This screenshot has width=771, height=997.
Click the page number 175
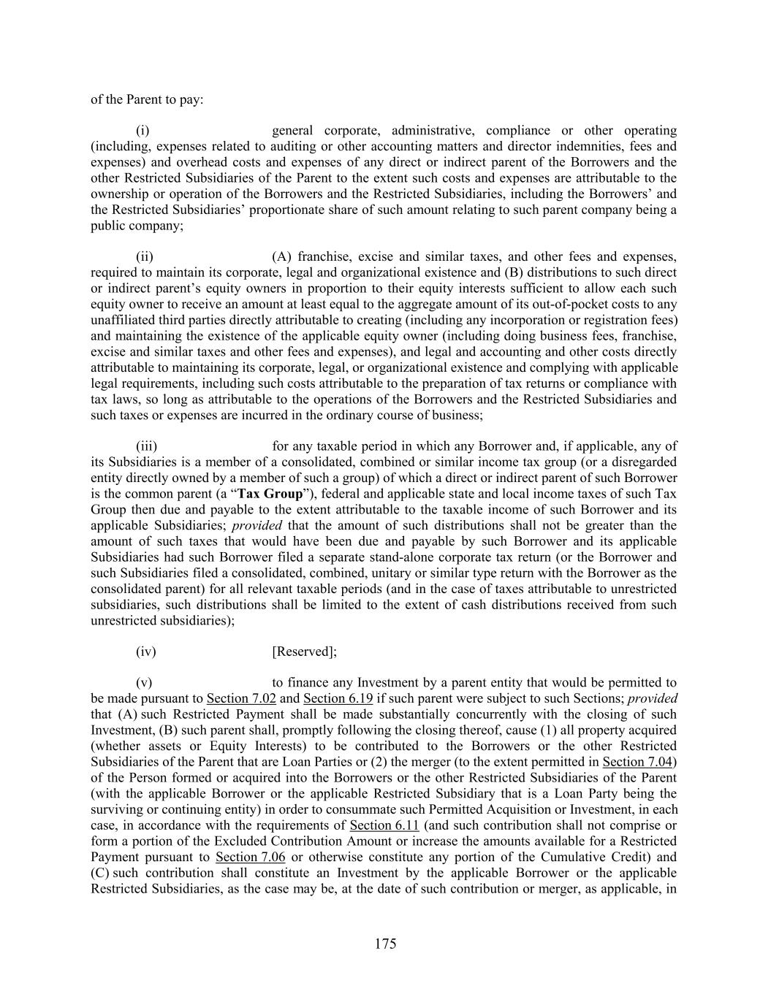(385, 944)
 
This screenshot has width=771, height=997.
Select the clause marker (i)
(143, 131)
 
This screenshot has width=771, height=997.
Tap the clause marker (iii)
(146, 446)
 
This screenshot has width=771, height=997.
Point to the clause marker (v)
(144, 683)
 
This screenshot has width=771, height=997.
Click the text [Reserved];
(304, 652)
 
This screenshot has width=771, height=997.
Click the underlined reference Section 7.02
(241, 699)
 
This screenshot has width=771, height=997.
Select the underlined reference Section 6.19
(338, 699)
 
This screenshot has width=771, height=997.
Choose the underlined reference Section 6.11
(384, 825)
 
